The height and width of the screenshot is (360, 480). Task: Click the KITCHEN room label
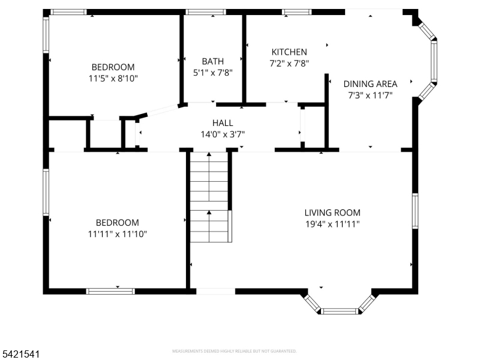click(289, 52)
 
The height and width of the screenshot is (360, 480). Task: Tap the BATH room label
click(212, 61)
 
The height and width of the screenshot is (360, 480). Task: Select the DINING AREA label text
click(370, 84)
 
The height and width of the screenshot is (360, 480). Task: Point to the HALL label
click(223, 123)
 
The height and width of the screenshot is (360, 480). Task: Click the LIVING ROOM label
click(332, 212)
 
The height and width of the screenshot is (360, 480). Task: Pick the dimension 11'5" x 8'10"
click(113, 78)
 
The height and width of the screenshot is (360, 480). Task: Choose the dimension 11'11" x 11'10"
click(118, 233)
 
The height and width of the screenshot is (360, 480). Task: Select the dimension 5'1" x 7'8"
click(212, 72)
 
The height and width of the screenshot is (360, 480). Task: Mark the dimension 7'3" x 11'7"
click(370, 95)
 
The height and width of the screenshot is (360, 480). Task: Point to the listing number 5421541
click(21, 355)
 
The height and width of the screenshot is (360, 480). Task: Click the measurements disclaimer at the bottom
click(234, 351)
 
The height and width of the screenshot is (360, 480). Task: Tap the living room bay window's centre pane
click(340, 311)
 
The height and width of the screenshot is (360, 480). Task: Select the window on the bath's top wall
click(205, 11)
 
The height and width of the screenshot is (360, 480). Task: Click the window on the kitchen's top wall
click(293, 11)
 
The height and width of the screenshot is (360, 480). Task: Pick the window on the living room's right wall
click(415, 211)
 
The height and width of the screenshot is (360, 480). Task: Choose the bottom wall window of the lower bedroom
click(110, 291)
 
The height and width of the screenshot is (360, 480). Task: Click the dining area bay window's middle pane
click(434, 61)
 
